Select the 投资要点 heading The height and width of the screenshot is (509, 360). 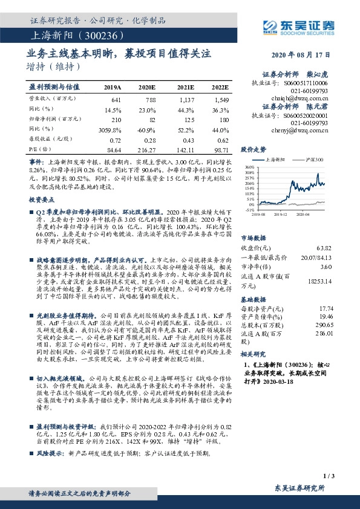tap(41, 198)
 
